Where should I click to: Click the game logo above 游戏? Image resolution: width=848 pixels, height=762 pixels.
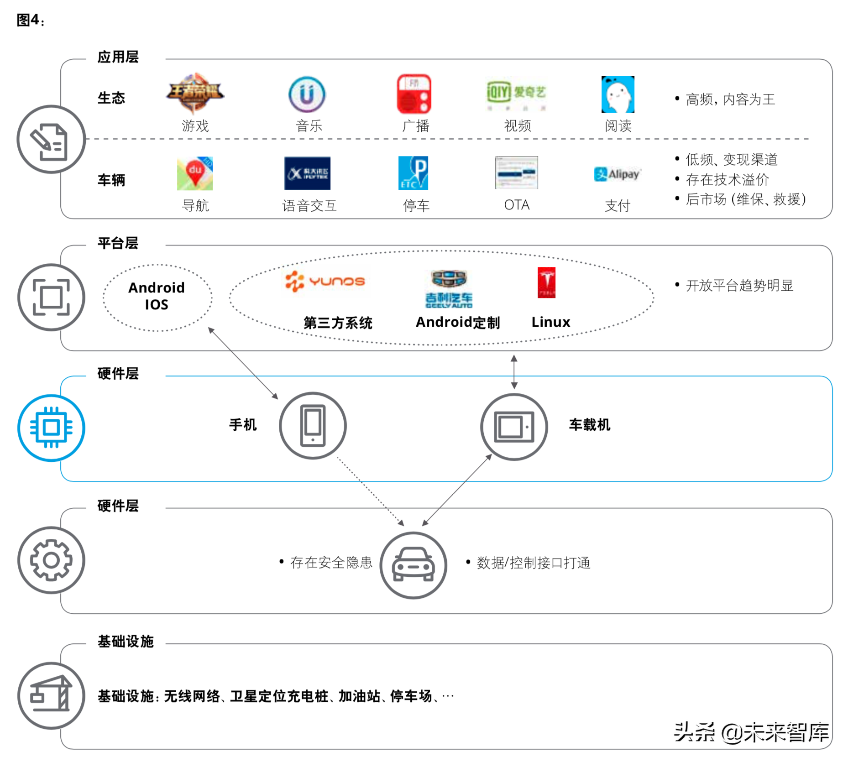pyautogui.click(x=195, y=93)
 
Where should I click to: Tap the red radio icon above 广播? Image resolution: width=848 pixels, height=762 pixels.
pyautogui.click(x=414, y=94)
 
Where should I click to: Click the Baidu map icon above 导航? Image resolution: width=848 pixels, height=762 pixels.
pyautogui.click(x=195, y=173)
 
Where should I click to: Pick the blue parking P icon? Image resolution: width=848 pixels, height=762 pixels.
pyautogui.click(x=414, y=173)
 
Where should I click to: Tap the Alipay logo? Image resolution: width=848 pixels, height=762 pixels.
pyautogui.click(x=617, y=174)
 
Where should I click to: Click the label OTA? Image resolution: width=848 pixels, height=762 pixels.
pyautogui.click(x=517, y=205)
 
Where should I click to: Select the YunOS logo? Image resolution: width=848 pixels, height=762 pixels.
pyautogui.click(x=325, y=281)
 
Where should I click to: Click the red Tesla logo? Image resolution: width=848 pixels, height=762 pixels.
pyautogui.click(x=546, y=282)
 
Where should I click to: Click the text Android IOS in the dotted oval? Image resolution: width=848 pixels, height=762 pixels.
pyautogui.click(x=157, y=296)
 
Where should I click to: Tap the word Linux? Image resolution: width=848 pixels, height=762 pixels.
pyautogui.click(x=551, y=322)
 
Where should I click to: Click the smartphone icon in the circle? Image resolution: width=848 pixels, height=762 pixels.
pyautogui.click(x=313, y=426)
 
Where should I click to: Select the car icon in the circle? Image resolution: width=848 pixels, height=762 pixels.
pyautogui.click(x=414, y=565)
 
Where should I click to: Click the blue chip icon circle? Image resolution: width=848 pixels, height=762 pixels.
pyautogui.click(x=51, y=428)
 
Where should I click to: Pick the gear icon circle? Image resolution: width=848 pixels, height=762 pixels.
pyautogui.click(x=51, y=560)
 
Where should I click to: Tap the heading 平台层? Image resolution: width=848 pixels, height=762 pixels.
pyautogui.click(x=118, y=243)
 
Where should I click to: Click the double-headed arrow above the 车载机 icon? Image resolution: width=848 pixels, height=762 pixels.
pyautogui.click(x=514, y=372)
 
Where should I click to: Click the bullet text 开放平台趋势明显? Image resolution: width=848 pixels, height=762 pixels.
pyautogui.click(x=739, y=286)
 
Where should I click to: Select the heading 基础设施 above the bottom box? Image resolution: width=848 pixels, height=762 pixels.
pyautogui.click(x=126, y=641)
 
